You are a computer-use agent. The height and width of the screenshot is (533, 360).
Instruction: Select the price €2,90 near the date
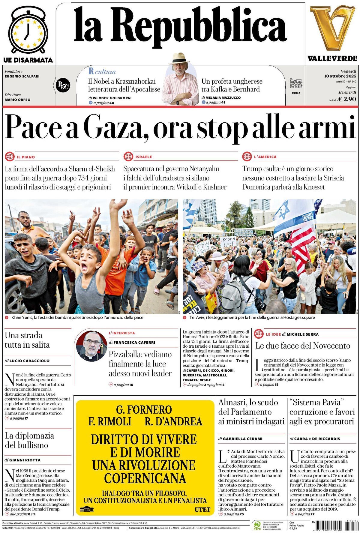pyautogui.click(x=347, y=99)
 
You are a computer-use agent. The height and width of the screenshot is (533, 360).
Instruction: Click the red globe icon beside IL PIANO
pyautogui.click(x=10, y=157)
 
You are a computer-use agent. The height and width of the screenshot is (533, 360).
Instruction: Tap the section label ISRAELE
pyautogui.click(x=144, y=157)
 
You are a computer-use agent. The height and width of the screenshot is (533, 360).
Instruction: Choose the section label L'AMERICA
pyautogui.click(x=265, y=157)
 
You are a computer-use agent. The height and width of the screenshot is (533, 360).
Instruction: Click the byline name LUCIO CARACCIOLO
pyautogui.click(x=29, y=361)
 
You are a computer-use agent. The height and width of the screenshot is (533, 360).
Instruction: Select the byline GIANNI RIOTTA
pyautogui.click(x=25, y=460)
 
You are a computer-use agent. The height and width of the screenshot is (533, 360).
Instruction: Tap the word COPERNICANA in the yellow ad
pyautogui.click(x=145, y=478)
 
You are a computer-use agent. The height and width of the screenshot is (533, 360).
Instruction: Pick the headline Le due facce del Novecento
pyautogui.click(x=303, y=346)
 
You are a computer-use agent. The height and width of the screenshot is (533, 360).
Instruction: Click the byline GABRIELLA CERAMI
pyautogui.click(x=242, y=439)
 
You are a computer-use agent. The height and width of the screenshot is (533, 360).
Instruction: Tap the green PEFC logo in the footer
pyautogui.click(x=257, y=526)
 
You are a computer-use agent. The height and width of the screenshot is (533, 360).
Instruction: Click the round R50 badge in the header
pyautogui.click(x=63, y=85)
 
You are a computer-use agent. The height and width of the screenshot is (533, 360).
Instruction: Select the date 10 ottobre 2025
pyautogui.click(x=340, y=76)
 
